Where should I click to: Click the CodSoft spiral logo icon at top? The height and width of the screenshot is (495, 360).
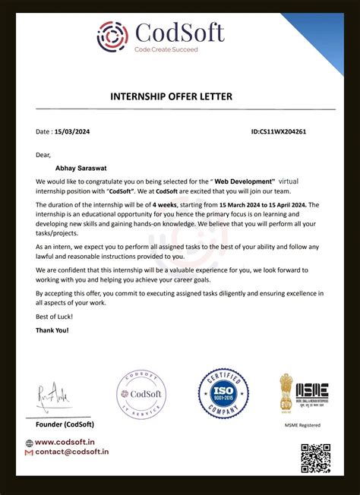(x=113, y=36)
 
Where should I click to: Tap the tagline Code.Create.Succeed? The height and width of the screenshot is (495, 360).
(x=166, y=49)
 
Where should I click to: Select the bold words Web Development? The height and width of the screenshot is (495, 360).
(x=245, y=182)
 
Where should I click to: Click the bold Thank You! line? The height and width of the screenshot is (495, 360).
(x=52, y=330)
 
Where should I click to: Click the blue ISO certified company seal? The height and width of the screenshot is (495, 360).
(x=224, y=393)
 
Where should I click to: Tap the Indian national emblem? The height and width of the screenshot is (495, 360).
(x=286, y=392)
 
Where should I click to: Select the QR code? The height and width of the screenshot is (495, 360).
(x=315, y=459)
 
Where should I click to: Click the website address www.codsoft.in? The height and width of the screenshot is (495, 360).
(x=64, y=443)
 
